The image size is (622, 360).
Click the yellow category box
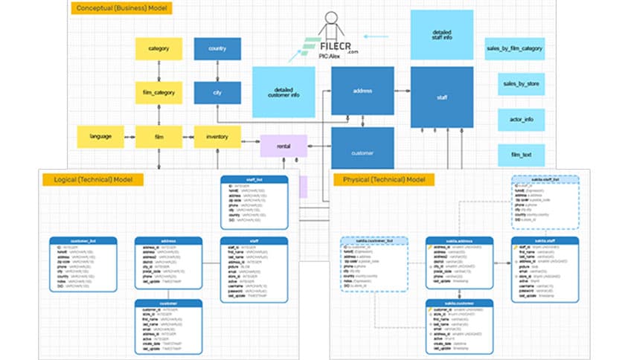pyautogui.click(x=158, y=49)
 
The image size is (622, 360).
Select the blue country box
pyautogui.click(x=217, y=49)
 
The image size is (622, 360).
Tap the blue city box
pyautogui.click(x=217, y=93)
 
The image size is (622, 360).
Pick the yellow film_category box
pyautogui.click(x=158, y=93)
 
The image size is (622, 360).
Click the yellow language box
pyautogui.click(x=100, y=137)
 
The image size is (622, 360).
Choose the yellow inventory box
pyautogui.click(x=217, y=137)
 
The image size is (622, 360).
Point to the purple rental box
pyautogui.click(x=283, y=147)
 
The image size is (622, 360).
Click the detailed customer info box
pyautogui.click(x=281, y=91)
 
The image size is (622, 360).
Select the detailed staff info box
pyautogui.click(x=442, y=33)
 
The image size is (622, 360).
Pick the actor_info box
pyautogui.click(x=521, y=120)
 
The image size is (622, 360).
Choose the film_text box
pyautogui.click(x=521, y=155)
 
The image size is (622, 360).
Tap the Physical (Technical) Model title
pyautogui.click(x=383, y=180)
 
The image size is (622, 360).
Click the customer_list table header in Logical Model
pyautogui.click(x=83, y=240)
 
